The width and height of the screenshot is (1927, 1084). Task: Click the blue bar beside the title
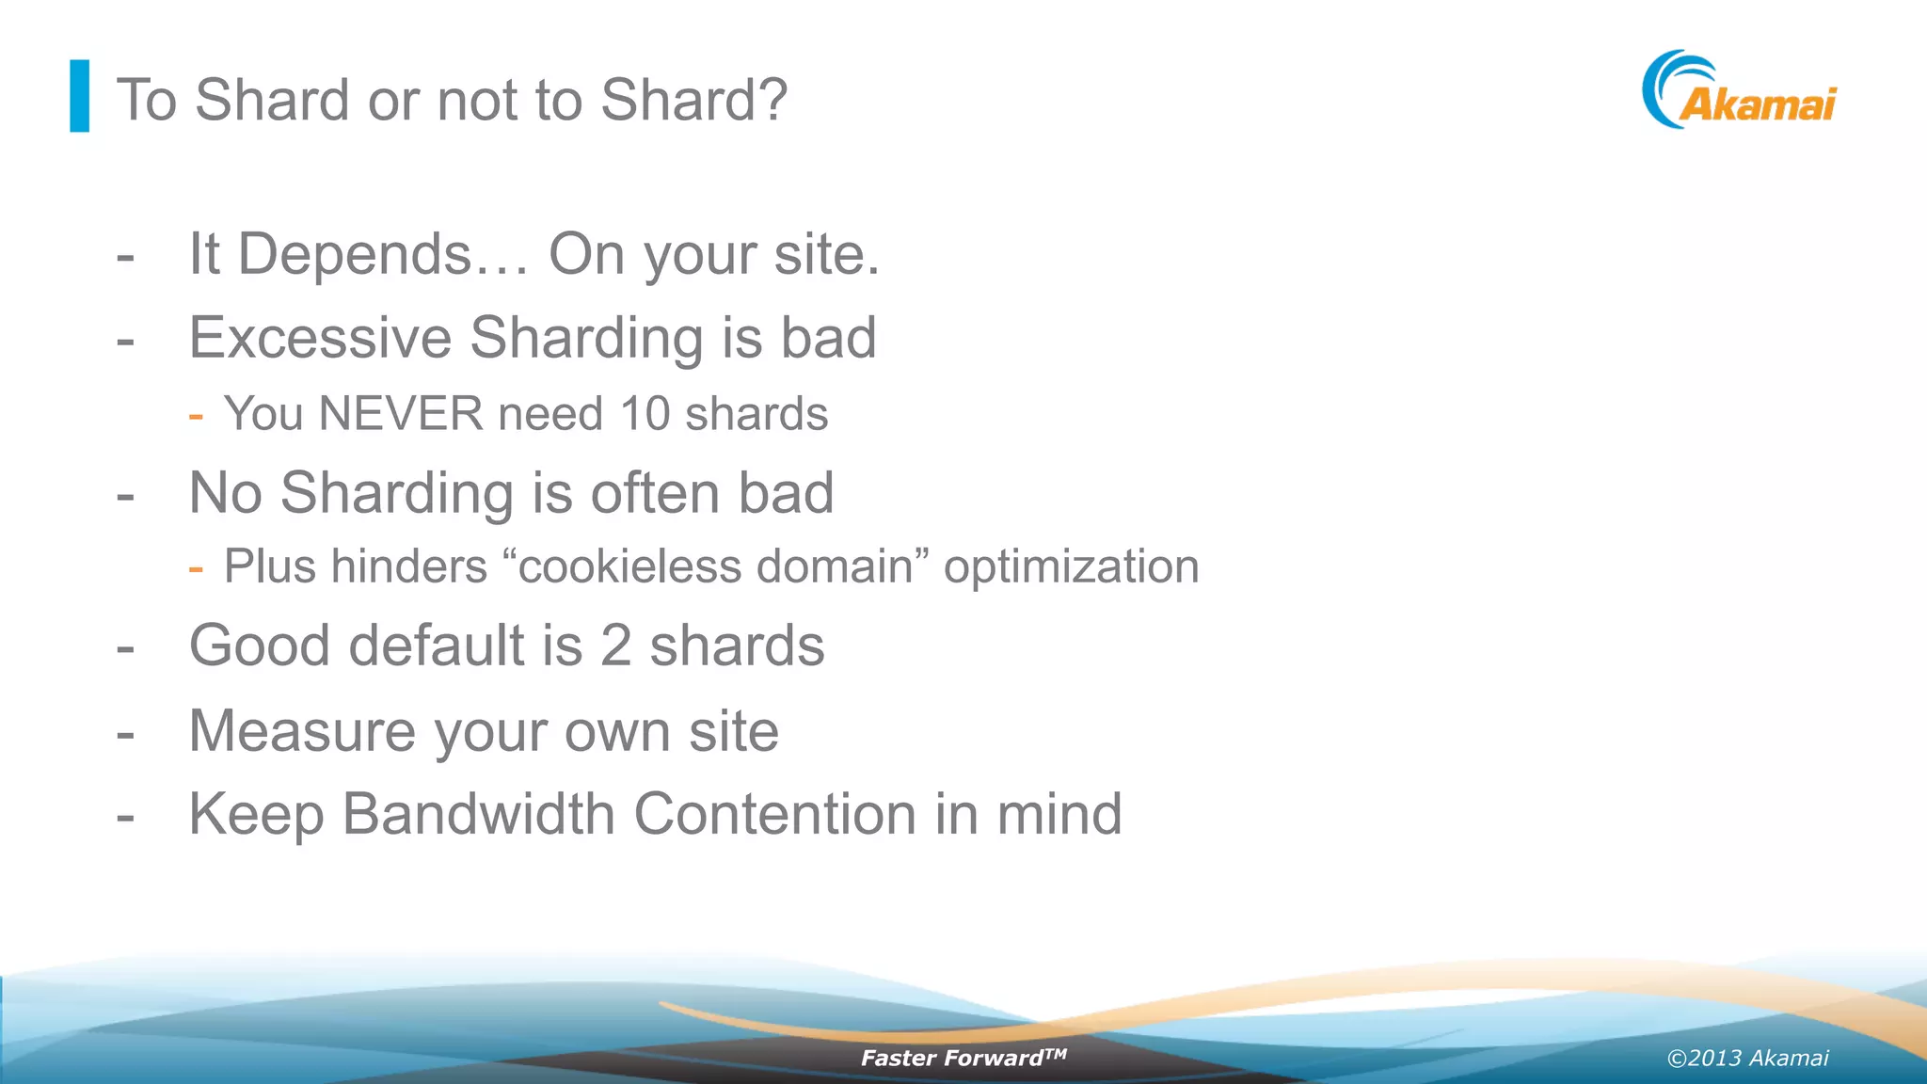(80, 96)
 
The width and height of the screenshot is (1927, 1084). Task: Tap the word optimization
(1071, 567)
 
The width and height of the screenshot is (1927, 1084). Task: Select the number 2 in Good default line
(615, 646)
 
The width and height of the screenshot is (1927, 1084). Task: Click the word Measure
(302, 731)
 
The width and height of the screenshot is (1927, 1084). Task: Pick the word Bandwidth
(478, 814)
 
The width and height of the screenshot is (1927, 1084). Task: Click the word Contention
(774, 814)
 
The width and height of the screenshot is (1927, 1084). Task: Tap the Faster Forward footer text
(963, 1058)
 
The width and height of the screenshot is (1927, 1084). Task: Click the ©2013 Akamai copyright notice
(1747, 1059)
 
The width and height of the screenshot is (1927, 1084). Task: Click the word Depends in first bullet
(354, 254)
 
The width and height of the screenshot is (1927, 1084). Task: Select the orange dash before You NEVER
(196, 415)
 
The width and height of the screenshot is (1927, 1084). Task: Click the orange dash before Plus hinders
(196, 568)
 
